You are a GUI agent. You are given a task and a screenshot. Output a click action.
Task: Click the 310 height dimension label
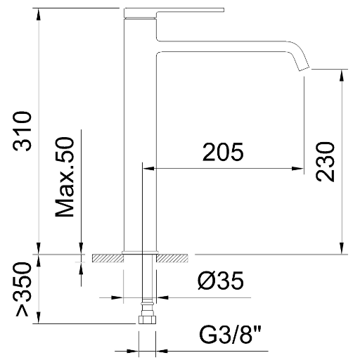pyautogui.click(x=22, y=131)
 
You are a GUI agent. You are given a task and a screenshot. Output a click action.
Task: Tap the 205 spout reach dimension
pyautogui.click(x=223, y=152)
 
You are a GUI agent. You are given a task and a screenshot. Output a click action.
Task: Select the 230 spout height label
pyautogui.click(x=325, y=162)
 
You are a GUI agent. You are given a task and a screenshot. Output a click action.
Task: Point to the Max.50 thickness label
pyautogui.click(x=64, y=177)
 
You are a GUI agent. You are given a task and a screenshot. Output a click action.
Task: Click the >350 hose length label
pyautogui.click(x=23, y=290)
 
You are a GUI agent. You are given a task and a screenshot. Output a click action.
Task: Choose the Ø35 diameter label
pyautogui.click(x=221, y=281)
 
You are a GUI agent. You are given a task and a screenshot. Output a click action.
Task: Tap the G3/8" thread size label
pyautogui.click(x=230, y=335)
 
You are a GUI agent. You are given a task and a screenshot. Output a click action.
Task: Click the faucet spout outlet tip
pyautogui.click(x=304, y=68)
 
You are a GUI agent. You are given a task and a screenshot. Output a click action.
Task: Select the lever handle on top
pyautogui.click(x=174, y=13)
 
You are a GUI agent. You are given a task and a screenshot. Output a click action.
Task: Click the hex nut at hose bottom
pyautogui.click(x=147, y=320)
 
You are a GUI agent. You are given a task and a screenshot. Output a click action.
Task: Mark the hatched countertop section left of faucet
pyautogui.click(x=108, y=258)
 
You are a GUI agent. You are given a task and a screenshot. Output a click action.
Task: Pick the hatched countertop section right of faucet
pyautogui.click(x=172, y=258)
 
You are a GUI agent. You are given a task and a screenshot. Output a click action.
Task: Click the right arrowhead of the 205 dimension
pyautogui.click(x=298, y=168)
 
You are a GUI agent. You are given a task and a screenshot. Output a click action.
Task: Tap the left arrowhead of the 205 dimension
pyautogui.click(x=149, y=168)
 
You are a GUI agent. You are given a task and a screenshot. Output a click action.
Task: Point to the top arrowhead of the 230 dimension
pyautogui.click(x=342, y=75)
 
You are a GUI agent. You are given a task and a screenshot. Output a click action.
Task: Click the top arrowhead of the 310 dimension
pyautogui.click(x=39, y=14)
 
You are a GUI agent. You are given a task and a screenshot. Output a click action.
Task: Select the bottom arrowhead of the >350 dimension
pyautogui.click(x=39, y=318)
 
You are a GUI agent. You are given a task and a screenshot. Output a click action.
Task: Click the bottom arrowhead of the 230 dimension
pyautogui.click(x=342, y=247)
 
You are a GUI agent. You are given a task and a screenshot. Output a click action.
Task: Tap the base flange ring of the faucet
pyautogui.click(x=140, y=252)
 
